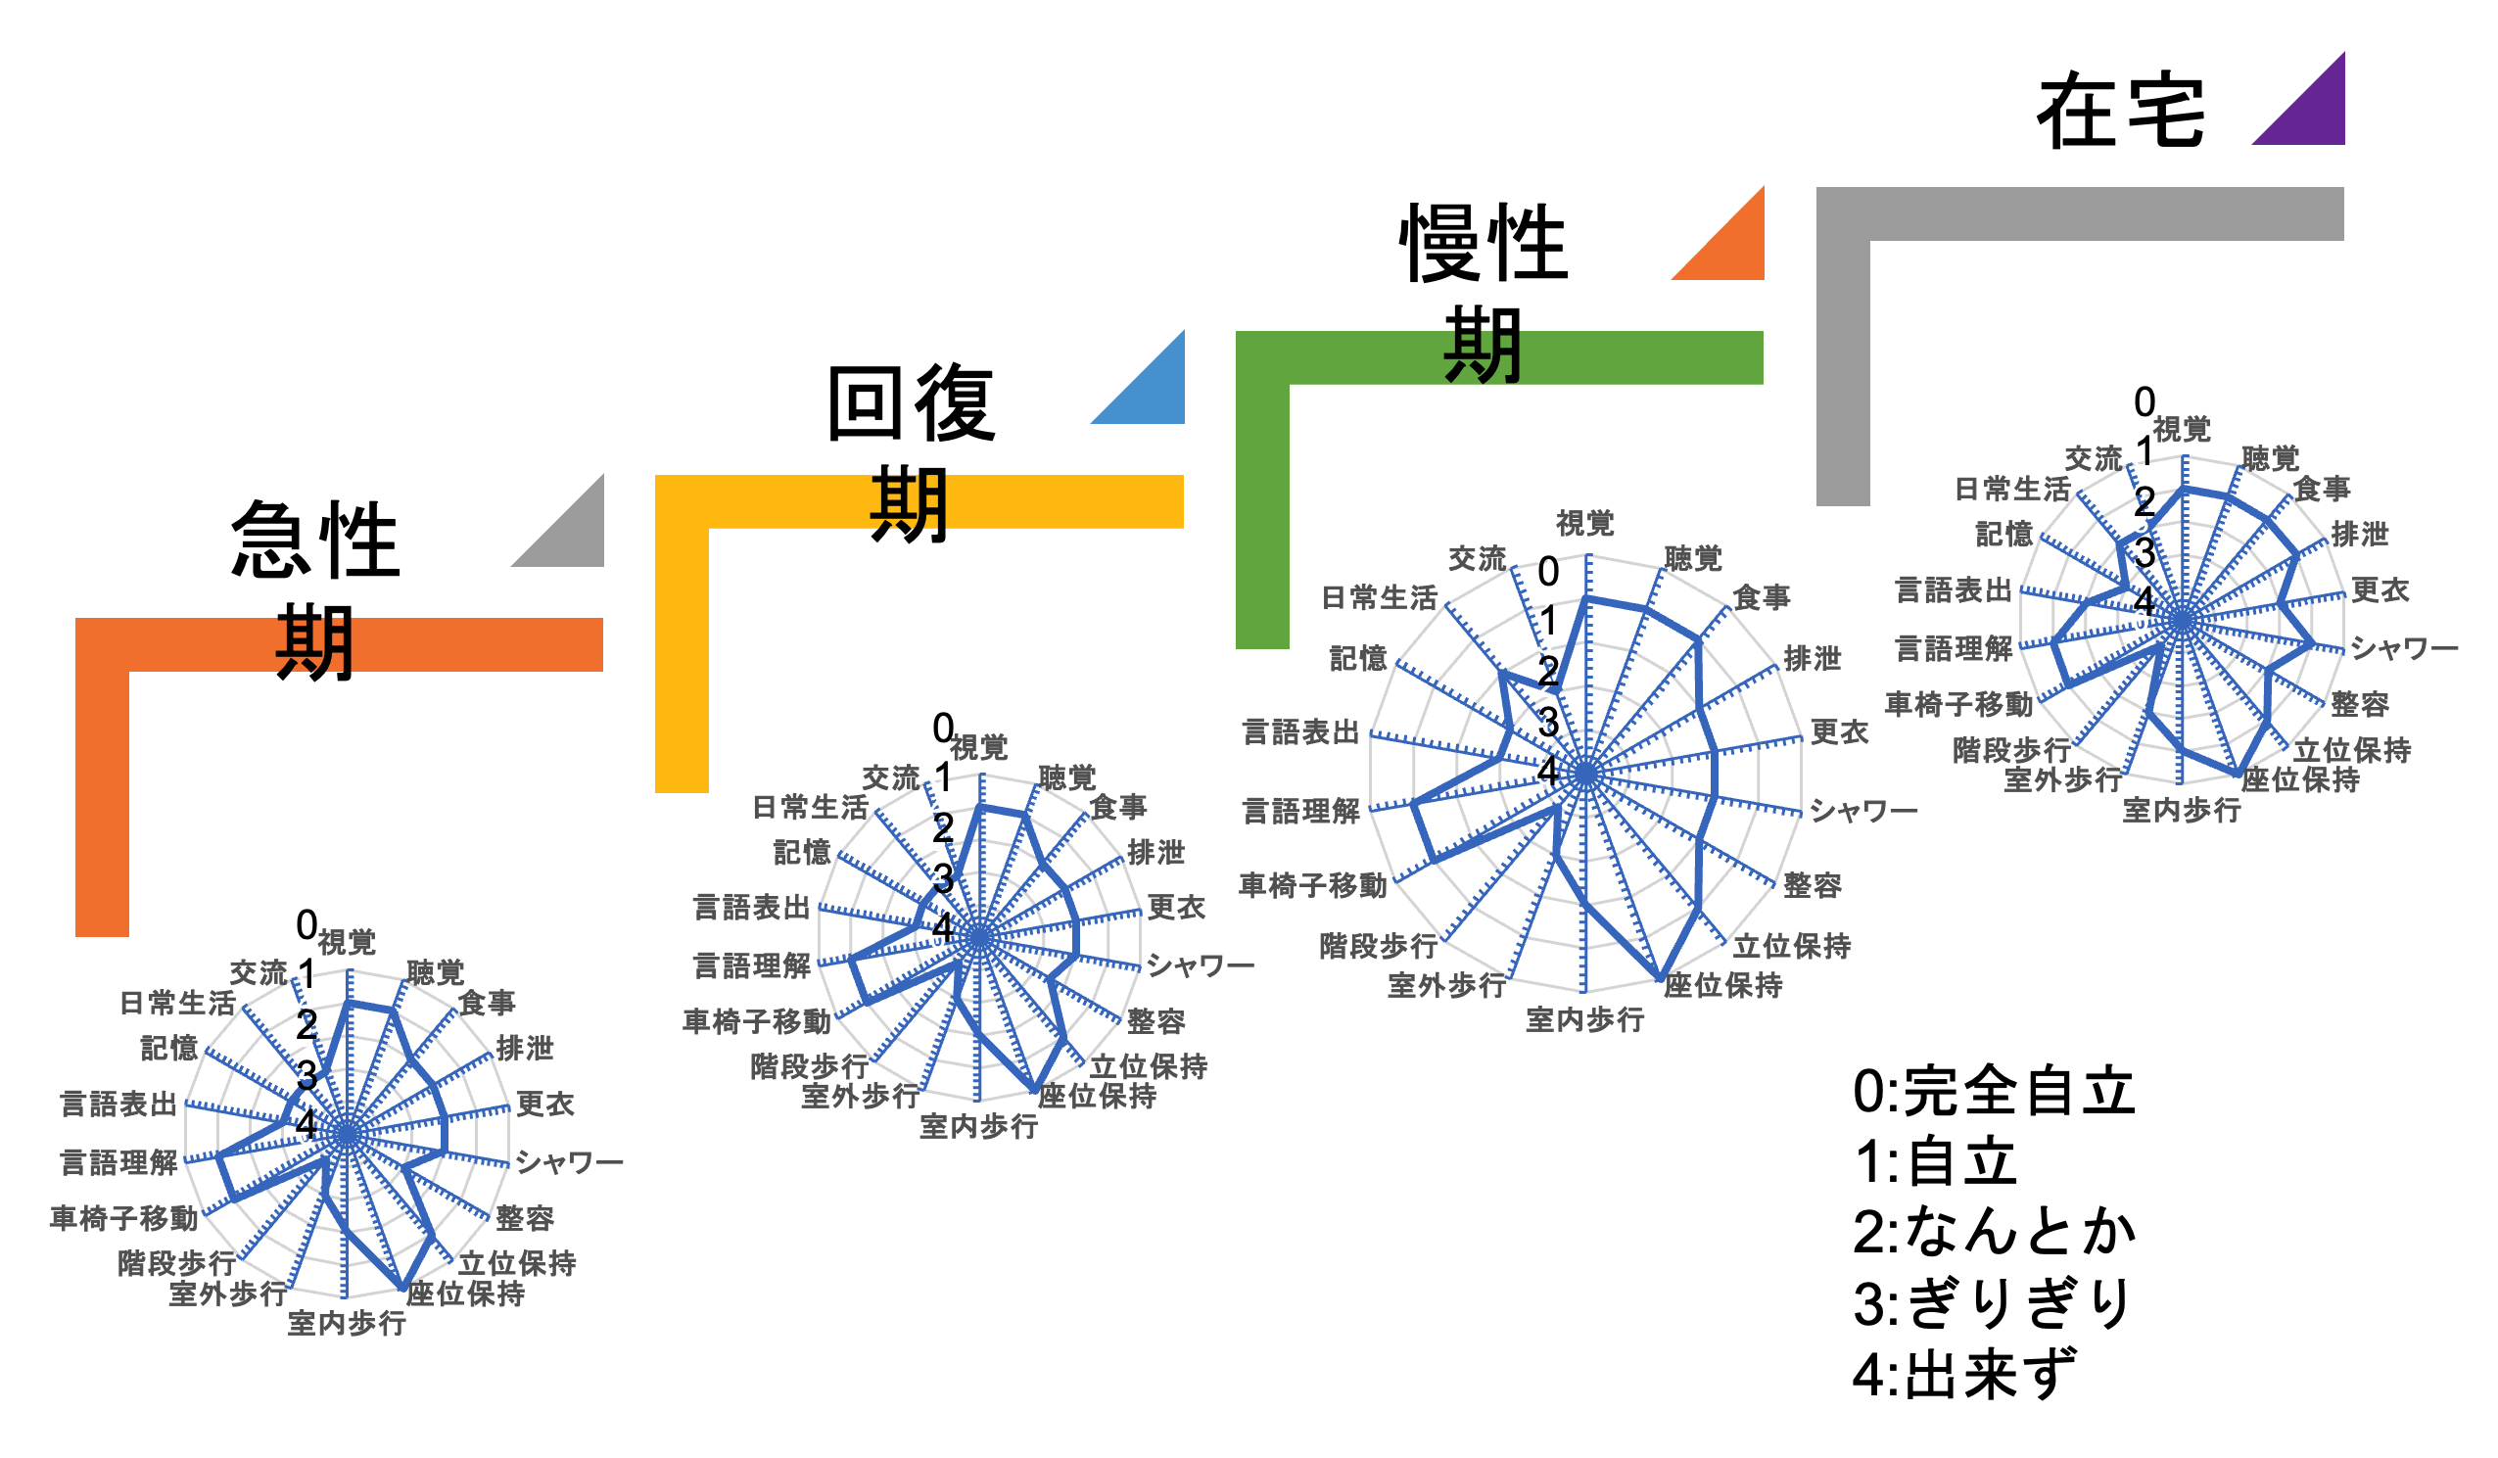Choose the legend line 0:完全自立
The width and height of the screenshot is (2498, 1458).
1993,1091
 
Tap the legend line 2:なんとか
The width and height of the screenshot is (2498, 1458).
1993,1232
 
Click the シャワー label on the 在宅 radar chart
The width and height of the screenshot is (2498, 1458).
2403,649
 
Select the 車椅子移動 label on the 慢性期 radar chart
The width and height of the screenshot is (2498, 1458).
1312,885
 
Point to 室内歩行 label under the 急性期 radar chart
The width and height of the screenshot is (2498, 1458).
347,1323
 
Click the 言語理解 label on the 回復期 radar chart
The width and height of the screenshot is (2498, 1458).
751,965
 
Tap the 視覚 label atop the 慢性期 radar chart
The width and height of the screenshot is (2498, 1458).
1585,522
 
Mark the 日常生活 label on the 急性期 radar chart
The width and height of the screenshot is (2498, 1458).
177,1003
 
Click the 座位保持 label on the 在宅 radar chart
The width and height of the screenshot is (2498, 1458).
2300,780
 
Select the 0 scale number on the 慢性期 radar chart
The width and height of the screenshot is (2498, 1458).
1547,572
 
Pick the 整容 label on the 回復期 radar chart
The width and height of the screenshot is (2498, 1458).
1155,1021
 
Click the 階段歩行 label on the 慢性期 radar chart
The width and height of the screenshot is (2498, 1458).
1378,946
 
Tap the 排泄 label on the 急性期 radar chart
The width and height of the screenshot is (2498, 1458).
525,1048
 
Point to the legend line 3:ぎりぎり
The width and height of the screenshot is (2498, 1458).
1993,1302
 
